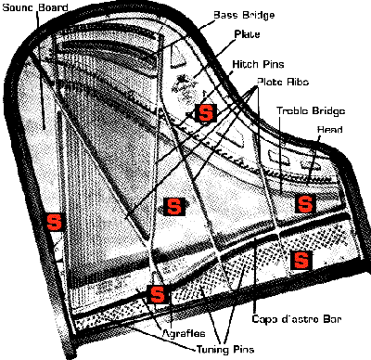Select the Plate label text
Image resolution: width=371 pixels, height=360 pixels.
coord(248,34)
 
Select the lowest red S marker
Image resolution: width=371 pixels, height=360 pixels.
coord(158,295)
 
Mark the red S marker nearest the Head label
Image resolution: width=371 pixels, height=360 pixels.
coord(301,203)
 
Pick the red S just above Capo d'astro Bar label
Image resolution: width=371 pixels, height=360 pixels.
coord(299,259)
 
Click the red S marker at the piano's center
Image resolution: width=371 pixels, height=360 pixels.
coord(172,205)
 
